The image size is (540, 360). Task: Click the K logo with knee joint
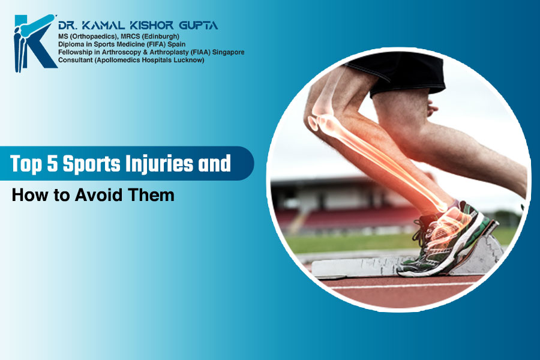(x=35, y=43)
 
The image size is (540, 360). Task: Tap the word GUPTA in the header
(x=199, y=25)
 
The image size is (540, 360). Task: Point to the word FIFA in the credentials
(x=157, y=44)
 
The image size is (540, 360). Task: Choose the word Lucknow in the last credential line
(x=191, y=60)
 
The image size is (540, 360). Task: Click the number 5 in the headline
(x=52, y=163)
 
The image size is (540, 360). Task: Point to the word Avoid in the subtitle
(x=98, y=195)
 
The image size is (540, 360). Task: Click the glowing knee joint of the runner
(x=323, y=118)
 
